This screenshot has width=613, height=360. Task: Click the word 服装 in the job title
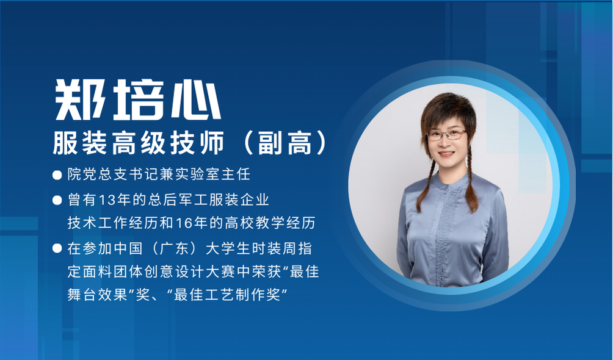[x=80, y=143]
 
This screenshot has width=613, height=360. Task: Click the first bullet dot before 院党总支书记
[x=57, y=175]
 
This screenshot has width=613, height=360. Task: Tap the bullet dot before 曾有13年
[x=57, y=201]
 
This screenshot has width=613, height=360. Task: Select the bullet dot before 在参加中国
[x=57, y=248]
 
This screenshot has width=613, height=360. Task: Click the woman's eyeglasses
[x=446, y=135]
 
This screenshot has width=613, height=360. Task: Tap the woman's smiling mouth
[x=446, y=154]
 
